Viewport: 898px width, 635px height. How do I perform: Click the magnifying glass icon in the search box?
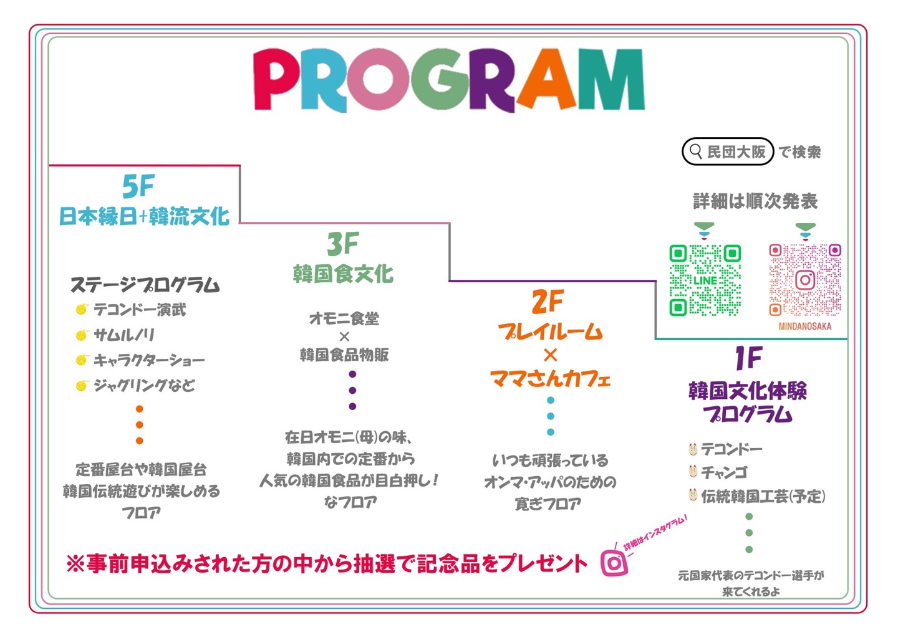(695, 151)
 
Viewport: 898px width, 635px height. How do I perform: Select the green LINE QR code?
(705, 280)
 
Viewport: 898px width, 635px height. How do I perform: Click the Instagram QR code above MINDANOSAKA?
(805, 280)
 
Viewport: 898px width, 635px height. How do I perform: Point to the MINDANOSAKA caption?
(805, 327)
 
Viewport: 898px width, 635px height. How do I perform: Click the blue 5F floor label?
(138, 186)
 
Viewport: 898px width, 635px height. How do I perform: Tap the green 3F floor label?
(343, 244)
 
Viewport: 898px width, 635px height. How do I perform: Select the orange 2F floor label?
(548, 301)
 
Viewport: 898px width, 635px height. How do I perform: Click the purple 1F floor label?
(748, 358)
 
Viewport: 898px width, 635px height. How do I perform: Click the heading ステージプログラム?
(145, 285)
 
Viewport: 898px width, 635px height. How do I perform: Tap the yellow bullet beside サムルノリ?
(82, 335)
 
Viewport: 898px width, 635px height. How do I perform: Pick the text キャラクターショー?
(148, 360)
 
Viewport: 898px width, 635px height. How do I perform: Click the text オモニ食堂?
(344, 318)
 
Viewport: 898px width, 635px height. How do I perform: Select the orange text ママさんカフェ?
(550, 379)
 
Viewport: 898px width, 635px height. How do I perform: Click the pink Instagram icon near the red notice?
(614, 563)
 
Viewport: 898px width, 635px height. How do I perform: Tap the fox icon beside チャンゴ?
(693, 472)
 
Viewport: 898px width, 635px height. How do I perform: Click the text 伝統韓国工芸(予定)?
(763, 497)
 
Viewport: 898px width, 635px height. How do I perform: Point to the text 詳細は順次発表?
(755, 201)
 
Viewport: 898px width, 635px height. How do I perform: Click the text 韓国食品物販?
(344, 355)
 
